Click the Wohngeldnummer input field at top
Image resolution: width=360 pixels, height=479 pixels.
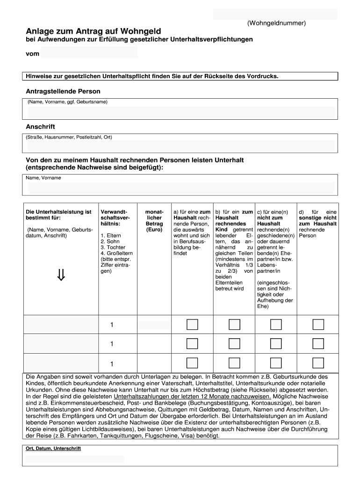click(x=275, y=14)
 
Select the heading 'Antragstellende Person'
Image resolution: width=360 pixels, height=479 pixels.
click(x=63, y=91)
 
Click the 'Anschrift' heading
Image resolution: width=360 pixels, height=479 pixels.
click(x=40, y=127)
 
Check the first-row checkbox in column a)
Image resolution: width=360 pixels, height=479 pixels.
click(x=192, y=325)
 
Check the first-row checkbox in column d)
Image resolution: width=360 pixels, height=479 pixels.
click(x=318, y=325)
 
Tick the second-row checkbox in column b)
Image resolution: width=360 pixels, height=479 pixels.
click(x=234, y=344)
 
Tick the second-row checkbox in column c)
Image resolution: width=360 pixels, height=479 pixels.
click(x=276, y=344)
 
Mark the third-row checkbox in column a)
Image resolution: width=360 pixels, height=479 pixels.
click(x=192, y=363)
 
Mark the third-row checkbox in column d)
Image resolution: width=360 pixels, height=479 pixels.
click(x=318, y=363)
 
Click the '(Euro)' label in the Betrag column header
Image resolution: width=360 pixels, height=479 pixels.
click(x=154, y=230)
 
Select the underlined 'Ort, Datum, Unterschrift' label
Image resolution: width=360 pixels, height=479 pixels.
click(x=54, y=449)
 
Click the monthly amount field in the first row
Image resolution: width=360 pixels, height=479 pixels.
click(x=154, y=325)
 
